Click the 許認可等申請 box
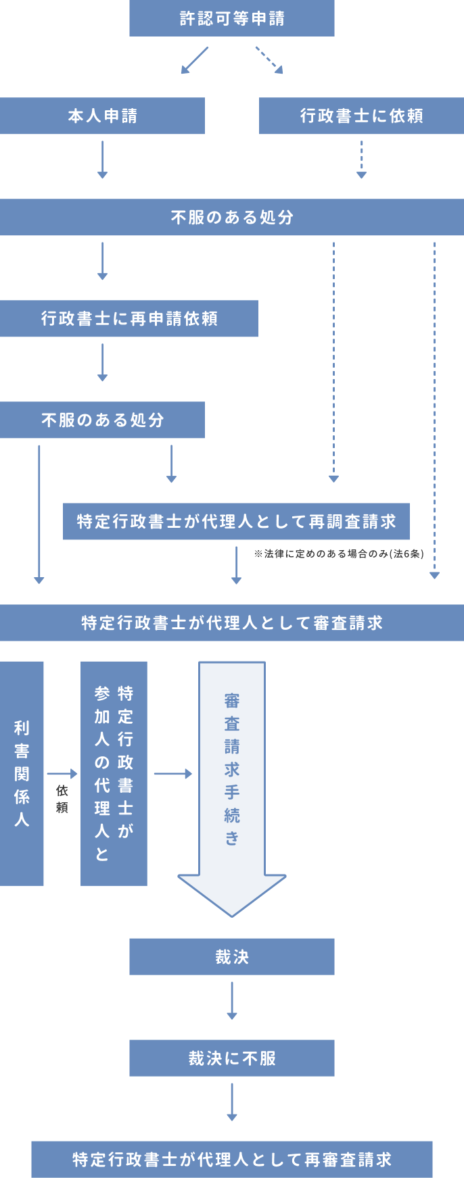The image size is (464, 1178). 231,18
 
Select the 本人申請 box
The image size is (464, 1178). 102,116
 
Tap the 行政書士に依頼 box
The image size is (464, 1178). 361,116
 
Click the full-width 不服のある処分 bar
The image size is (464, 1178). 231,217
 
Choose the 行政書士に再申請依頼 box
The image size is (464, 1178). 129,318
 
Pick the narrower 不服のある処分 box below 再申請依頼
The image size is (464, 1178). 102,420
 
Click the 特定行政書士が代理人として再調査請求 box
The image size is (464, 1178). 236,521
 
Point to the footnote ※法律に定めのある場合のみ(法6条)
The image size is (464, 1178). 339,554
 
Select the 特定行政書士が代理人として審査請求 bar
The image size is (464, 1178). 231,622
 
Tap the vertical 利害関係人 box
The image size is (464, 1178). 22,773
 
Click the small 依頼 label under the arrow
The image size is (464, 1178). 62,798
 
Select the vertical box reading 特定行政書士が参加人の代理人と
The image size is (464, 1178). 114,773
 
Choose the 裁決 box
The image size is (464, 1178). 231,956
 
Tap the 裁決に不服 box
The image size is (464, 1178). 231,1058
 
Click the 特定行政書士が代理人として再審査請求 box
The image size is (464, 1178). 231,1159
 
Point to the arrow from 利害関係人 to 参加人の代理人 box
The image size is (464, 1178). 62,774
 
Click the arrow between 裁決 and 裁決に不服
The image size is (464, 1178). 232,1000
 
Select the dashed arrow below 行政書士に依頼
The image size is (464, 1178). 361,159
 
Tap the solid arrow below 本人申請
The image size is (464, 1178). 102,159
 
